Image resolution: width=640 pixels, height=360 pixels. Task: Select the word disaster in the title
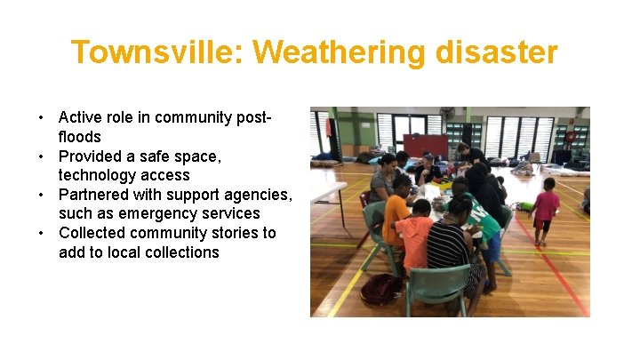click(x=497, y=52)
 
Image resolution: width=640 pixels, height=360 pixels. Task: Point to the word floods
click(x=80, y=137)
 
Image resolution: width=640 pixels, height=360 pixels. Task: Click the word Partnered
click(x=93, y=195)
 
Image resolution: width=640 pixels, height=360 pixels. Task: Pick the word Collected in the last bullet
click(x=92, y=233)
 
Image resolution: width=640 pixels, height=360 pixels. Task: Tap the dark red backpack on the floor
click(x=381, y=288)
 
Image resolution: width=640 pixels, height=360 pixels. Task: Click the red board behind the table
click(x=426, y=145)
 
